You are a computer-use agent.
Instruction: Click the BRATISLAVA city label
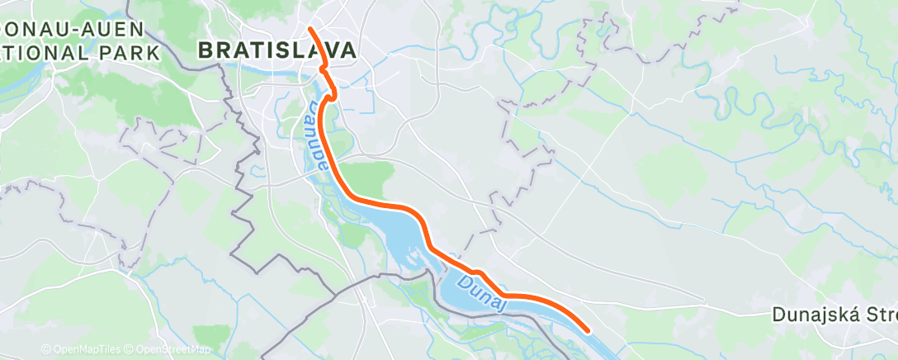point(277,50)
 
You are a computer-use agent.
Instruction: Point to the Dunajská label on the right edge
point(834,315)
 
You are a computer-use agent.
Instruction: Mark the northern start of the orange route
point(310,29)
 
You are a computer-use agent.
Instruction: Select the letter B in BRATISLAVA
point(206,50)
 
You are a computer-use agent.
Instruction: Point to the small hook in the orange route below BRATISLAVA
point(332,96)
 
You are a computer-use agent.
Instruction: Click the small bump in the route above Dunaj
point(475,271)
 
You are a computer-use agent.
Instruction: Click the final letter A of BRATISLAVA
point(348,50)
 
